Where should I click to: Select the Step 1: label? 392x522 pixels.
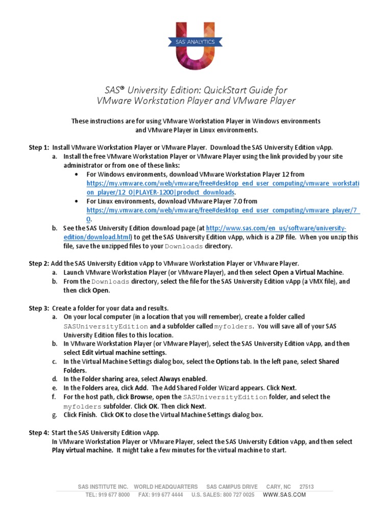(39, 147)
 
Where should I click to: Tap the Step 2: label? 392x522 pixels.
(39, 264)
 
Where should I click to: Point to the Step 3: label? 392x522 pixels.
(39, 308)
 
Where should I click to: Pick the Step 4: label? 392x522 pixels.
(39, 433)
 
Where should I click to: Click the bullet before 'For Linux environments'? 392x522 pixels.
(77, 201)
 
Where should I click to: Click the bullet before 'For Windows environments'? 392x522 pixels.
(77, 174)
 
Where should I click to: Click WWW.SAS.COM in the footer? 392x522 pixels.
(284, 494)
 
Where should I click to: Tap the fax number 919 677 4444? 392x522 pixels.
(166, 494)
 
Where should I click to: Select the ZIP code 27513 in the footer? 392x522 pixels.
(306, 487)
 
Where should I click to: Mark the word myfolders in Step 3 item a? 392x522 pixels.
(234, 326)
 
